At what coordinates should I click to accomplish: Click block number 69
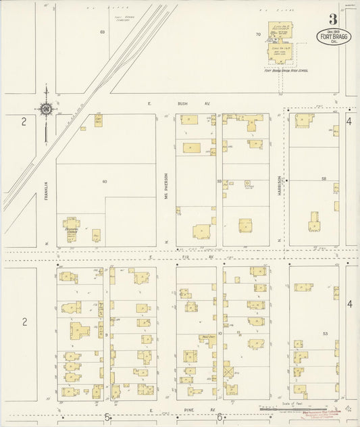tap(103, 32)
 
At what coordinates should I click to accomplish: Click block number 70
tap(258, 34)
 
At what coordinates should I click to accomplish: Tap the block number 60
tap(105, 182)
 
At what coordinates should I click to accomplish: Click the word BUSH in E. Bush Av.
tap(182, 105)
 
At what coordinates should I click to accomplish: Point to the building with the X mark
tap(228, 372)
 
